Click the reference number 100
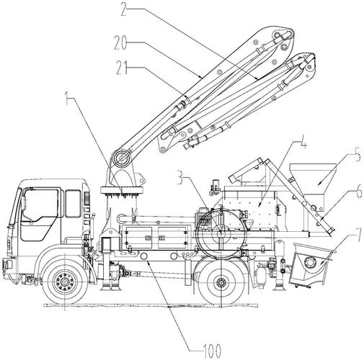(x=212, y=351)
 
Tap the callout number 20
(x=120, y=43)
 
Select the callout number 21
(x=122, y=68)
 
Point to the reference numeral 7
(x=358, y=236)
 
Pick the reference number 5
(x=358, y=155)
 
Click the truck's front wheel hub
(x=64, y=282)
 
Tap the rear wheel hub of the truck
(x=221, y=282)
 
